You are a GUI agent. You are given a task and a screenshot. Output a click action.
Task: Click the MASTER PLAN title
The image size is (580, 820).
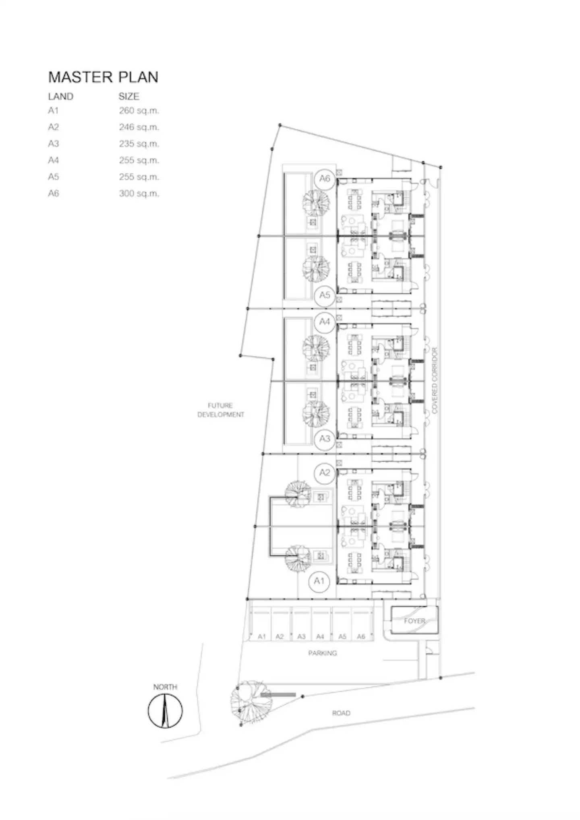click(103, 77)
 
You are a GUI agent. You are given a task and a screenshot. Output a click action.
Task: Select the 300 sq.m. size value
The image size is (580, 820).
click(139, 194)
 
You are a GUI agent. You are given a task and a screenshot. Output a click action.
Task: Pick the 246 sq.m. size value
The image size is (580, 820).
click(139, 127)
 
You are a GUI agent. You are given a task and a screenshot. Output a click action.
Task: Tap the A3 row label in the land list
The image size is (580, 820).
click(54, 144)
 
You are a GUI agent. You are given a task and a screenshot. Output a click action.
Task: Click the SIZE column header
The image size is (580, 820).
click(129, 97)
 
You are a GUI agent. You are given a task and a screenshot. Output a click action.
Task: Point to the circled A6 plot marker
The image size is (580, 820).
click(325, 179)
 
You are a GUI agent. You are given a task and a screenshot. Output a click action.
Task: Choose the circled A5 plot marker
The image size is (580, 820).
click(325, 295)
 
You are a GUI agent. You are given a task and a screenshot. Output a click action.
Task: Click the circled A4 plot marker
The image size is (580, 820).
click(325, 322)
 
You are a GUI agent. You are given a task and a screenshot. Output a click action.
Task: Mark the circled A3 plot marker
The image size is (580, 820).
click(325, 439)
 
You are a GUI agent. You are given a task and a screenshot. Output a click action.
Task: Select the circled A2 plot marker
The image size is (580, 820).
click(325, 473)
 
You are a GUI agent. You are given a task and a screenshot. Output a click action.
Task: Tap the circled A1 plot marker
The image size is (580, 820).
click(319, 581)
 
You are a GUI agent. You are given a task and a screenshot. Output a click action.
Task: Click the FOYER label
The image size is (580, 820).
click(414, 621)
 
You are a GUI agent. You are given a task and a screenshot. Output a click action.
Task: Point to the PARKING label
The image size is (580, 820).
click(323, 653)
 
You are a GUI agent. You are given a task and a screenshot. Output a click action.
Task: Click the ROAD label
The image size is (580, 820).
click(341, 713)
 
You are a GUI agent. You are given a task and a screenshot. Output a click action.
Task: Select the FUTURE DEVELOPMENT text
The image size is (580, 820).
click(221, 410)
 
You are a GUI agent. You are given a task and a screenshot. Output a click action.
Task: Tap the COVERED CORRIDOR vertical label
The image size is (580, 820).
click(435, 380)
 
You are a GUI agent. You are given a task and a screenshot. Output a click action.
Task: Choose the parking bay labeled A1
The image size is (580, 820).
click(261, 624)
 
